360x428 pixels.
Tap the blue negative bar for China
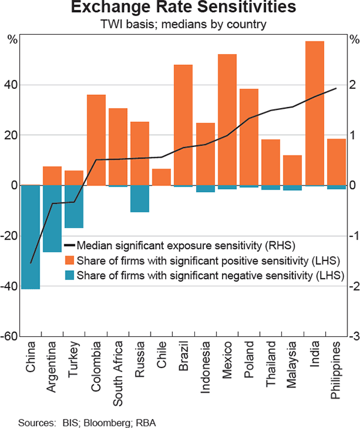pos(31,237)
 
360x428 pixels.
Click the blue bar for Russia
pos(140,199)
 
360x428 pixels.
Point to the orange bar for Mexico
pos(227,119)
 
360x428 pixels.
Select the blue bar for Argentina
pos(52,219)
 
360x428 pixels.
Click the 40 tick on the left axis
pos(12,85)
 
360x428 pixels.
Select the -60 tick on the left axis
pos(11,336)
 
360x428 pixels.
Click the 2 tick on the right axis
pos(352,85)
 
